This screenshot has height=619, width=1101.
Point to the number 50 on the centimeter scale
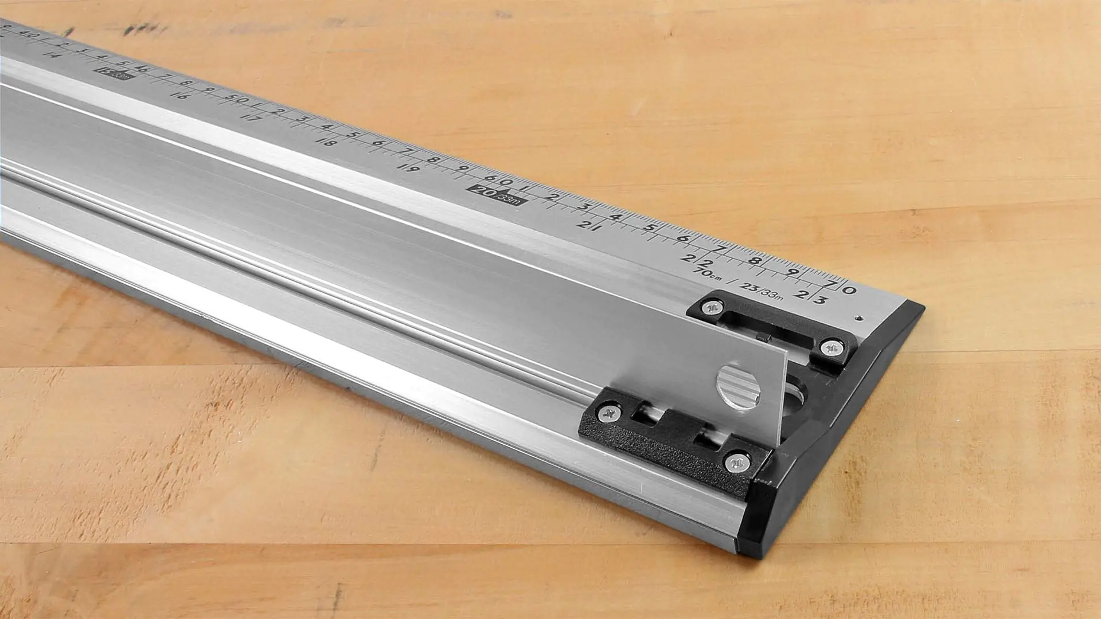click(x=236, y=99)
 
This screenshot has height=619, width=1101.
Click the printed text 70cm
click(x=706, y=274)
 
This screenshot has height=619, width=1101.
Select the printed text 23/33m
click(x=760, y=291)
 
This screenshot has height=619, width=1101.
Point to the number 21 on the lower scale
click(x=588, y=225)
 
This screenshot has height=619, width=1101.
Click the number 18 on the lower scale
click(x=326, y=142)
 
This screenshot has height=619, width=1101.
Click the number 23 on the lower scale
click(x=810, y=297)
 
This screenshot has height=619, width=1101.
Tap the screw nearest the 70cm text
click(x=712, y=308)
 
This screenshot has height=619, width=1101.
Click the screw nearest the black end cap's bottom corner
click(x=737, y=461)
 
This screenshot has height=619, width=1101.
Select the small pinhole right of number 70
click(x=860, y=316)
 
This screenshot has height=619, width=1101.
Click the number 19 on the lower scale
click(x=409, y=168)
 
